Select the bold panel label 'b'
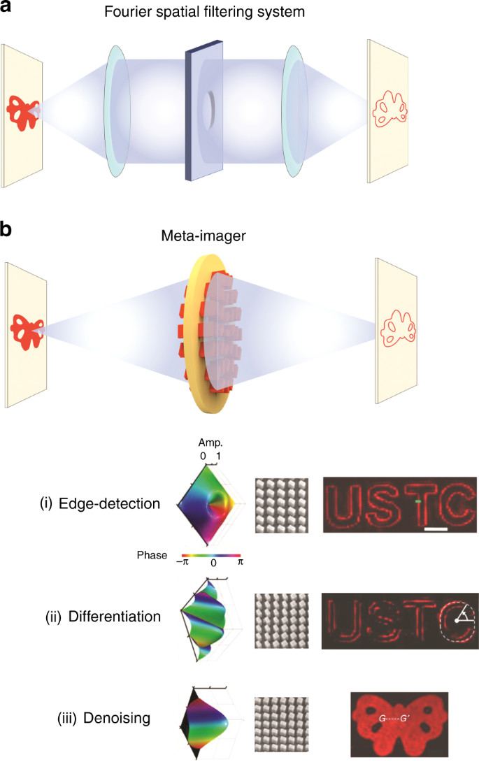[7, 229]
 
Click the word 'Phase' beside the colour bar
[152, 556]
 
